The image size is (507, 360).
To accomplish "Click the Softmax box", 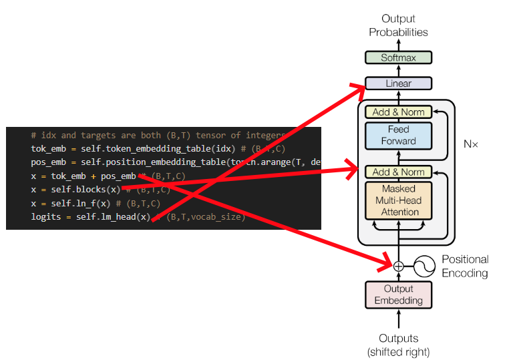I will click(398, 58).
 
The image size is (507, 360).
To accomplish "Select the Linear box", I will click(398, 84).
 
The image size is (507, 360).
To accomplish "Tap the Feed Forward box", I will click(398, 136).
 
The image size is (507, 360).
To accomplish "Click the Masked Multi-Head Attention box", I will click(398, 200).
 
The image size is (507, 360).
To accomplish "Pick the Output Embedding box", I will click(398, 295).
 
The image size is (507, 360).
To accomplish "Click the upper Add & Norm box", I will click(398, 112).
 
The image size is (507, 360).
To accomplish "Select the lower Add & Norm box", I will click(398, 172).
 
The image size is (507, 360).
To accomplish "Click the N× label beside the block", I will click(471, 144).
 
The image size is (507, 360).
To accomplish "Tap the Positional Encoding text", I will click(465, 266).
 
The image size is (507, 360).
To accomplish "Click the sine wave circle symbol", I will click(425, 266).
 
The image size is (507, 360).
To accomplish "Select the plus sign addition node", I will click(399, 266).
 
